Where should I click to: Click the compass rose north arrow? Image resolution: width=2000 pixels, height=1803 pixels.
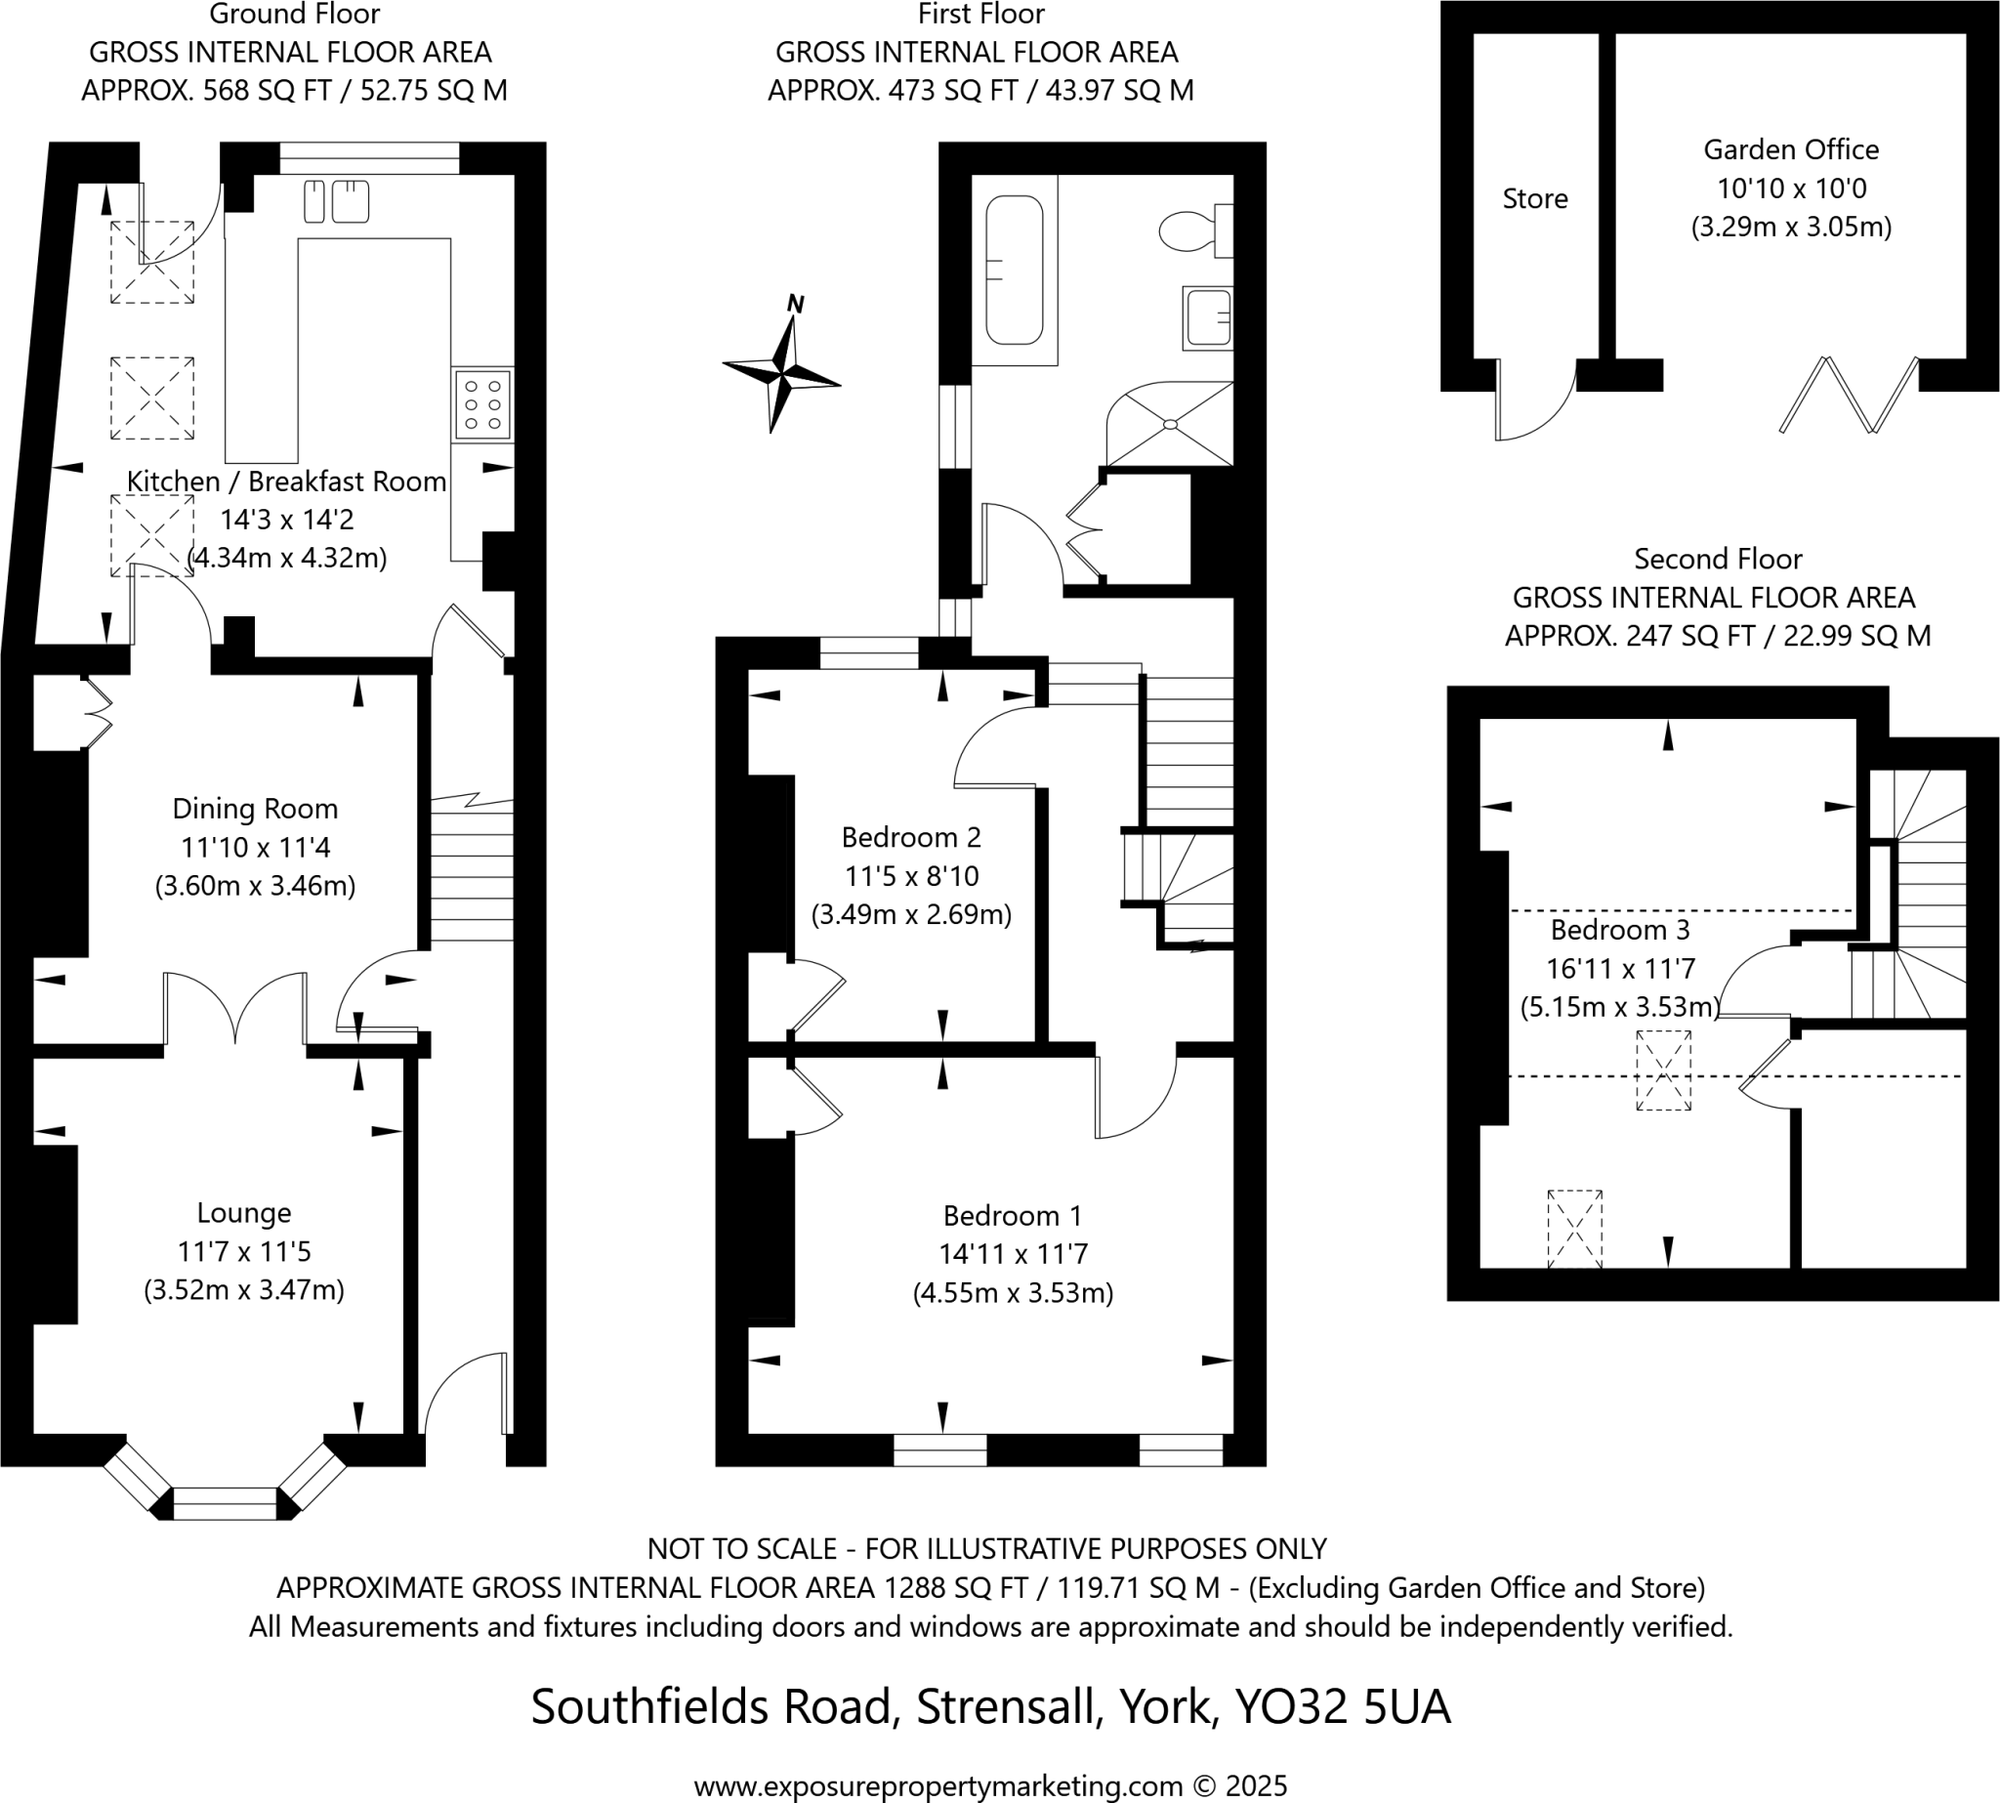783,367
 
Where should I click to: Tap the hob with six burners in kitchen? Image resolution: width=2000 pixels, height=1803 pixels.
483,404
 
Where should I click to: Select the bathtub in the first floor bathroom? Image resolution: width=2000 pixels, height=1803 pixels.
1014,270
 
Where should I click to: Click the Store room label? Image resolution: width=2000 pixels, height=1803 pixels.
1534,199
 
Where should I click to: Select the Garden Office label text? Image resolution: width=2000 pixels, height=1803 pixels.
1790,149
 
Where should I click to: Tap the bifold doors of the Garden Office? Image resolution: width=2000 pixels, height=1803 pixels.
1849,395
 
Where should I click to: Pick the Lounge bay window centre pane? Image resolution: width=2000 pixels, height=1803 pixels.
226,1502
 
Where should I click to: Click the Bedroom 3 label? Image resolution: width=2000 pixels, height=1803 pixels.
1619,929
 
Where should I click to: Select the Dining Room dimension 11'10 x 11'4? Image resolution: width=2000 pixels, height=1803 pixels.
255,847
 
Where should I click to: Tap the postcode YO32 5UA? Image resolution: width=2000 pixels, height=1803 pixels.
1341,1706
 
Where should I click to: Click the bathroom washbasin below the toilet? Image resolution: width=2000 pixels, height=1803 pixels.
1208,318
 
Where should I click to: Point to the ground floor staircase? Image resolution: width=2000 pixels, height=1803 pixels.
472,871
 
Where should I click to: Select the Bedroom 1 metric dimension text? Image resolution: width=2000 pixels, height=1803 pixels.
1013,1293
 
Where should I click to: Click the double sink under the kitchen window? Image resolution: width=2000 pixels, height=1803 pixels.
337,201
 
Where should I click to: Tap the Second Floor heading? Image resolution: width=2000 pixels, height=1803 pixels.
1717,559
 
